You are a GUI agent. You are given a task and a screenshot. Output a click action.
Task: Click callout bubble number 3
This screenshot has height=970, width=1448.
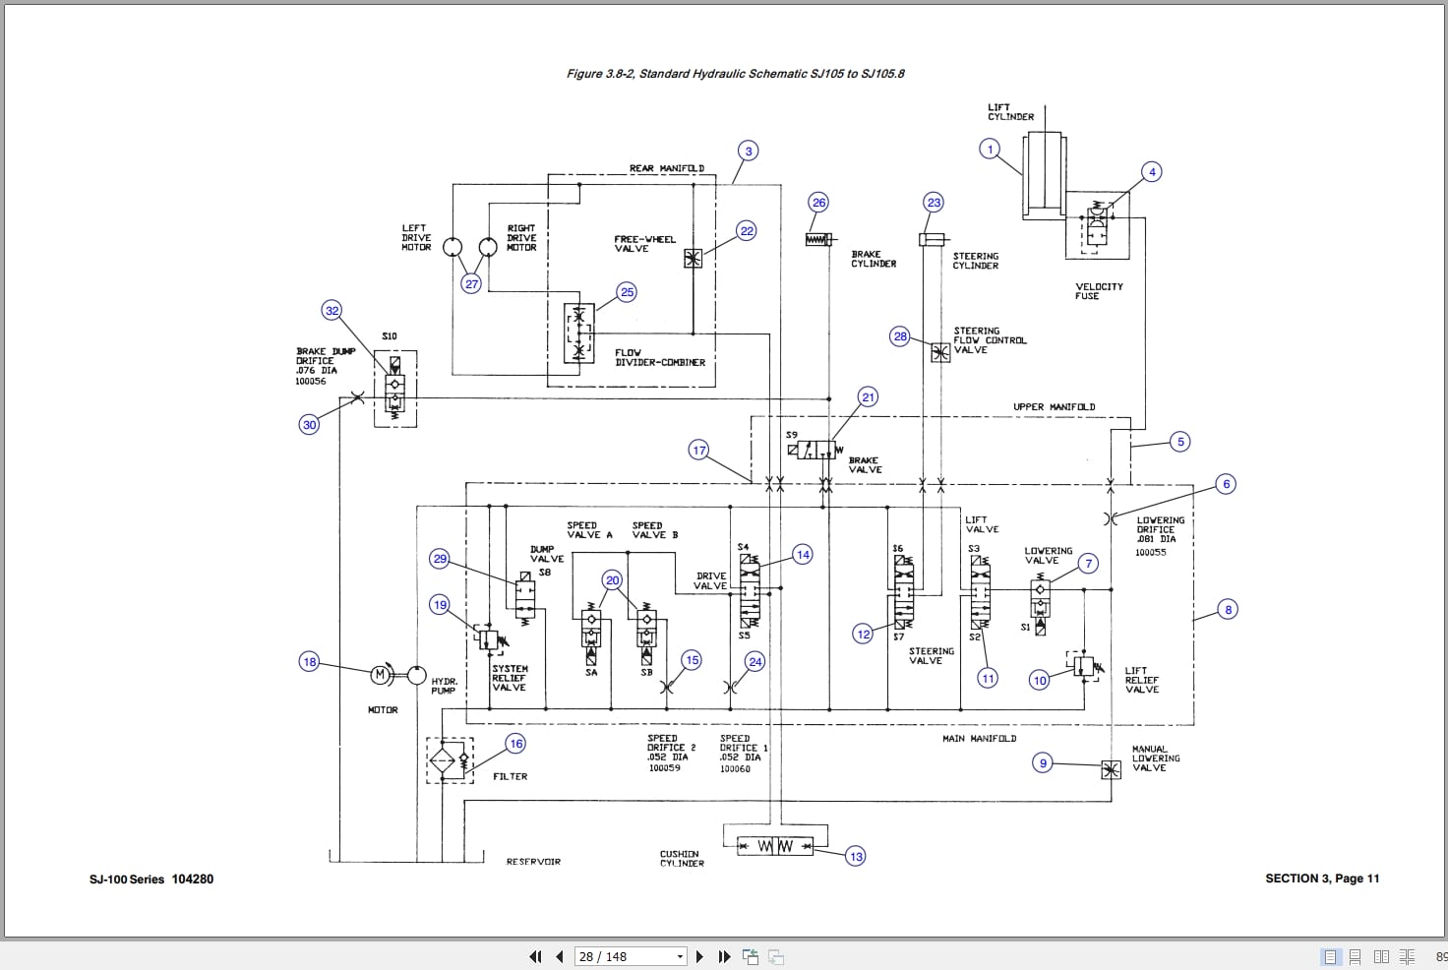749,151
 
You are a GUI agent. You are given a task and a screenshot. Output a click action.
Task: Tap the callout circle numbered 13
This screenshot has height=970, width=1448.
856,856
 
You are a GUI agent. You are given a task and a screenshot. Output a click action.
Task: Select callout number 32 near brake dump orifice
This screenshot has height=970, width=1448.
332,311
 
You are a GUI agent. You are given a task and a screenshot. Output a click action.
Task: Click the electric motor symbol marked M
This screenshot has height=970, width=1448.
380,675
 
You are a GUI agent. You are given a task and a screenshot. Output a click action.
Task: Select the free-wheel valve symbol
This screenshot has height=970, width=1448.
694,259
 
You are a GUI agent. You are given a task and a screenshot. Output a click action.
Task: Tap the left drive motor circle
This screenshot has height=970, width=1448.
452,246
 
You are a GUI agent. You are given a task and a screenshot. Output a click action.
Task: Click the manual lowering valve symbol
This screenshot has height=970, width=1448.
1111,769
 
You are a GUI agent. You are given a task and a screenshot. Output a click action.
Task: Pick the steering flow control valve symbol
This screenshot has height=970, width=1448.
940,352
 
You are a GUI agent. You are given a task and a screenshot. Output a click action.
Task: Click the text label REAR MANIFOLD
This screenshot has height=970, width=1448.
666,168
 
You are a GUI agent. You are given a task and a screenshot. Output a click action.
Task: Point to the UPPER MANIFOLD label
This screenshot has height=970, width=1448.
1054,406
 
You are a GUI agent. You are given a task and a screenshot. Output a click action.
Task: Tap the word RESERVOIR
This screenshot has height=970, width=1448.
533,862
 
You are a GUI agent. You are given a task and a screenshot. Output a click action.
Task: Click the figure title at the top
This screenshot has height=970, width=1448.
735,74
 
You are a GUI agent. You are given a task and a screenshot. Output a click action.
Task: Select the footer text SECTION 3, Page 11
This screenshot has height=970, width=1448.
1321,879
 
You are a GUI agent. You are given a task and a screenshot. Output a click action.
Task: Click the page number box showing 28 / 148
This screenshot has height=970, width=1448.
630,956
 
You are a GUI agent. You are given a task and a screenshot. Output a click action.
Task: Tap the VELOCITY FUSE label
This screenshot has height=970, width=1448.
1098,291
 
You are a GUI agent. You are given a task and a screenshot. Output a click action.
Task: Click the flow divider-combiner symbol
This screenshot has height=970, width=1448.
578,333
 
